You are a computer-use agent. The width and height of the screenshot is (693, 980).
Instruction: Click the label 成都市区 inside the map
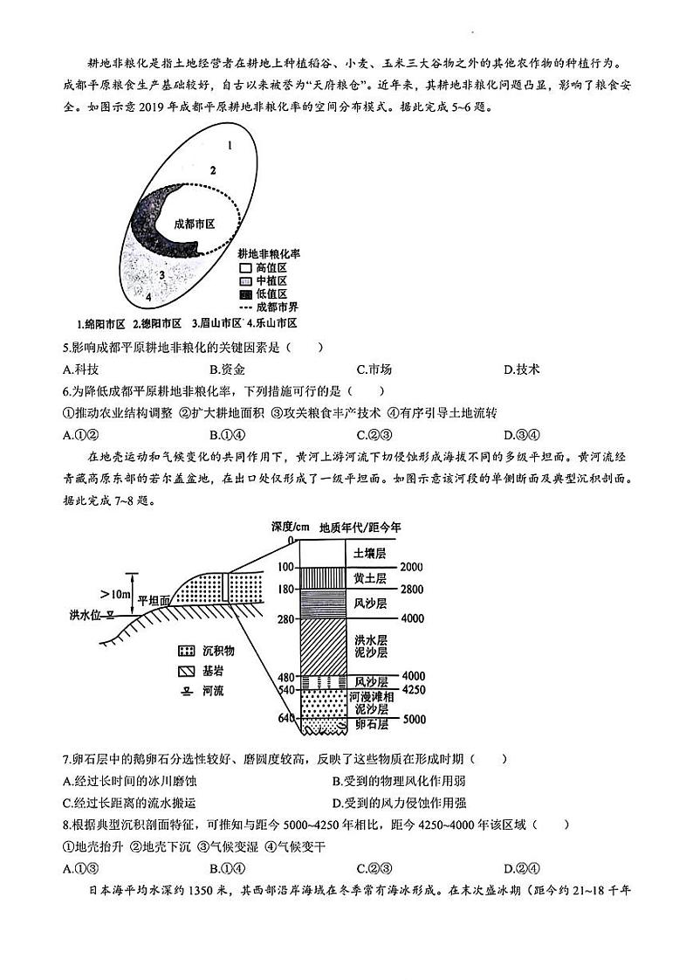point(194,224)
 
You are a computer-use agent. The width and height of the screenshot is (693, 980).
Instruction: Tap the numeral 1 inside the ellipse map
point(228,145)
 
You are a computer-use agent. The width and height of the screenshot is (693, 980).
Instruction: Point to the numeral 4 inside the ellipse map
point(148,297)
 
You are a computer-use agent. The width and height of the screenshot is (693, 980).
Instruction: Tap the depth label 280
point(284,619)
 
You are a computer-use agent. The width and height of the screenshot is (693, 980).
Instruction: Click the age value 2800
point(411,588)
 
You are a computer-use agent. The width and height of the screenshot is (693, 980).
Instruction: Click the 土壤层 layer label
point(369,554)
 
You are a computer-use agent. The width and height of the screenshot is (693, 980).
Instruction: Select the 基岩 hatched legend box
point(185,672)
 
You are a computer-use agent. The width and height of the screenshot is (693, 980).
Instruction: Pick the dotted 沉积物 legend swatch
point(185,652)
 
